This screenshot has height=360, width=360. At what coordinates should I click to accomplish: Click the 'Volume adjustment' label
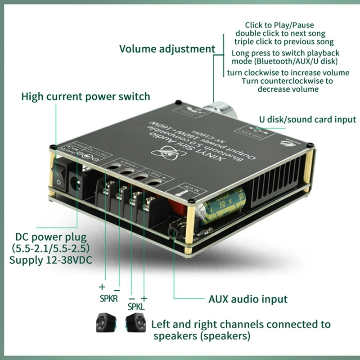click(x=167, y=49)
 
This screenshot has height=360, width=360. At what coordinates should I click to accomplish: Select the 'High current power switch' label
click(x=85, y=96)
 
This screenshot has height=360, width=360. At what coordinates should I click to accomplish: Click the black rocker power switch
click(x=60, y=175)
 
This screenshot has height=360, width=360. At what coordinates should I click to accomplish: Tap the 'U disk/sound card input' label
click(x=307, y=119)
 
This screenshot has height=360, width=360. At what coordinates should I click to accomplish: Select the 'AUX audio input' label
click(x=247, y=299)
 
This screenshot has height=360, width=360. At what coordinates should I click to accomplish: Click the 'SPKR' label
click(x=108, y=299)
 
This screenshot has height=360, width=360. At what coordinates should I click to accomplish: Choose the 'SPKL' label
click(x=136, y=307)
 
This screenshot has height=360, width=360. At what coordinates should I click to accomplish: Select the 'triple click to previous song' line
click(x=285, y=42)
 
